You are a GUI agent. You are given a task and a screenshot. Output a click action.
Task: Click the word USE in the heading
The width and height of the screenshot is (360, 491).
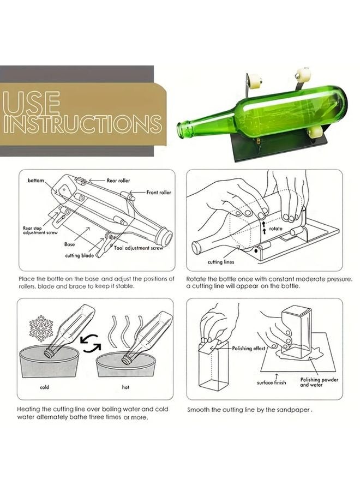tap(31, 103)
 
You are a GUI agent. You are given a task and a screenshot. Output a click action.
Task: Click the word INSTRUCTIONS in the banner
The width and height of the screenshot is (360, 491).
tap(82, 124)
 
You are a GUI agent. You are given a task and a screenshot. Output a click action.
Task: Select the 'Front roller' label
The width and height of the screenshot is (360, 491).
tap(158, 193)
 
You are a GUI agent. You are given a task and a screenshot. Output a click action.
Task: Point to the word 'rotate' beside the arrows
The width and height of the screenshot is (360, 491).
tap(276, 229)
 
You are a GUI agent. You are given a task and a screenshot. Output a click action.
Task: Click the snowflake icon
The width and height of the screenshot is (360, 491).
tap(41, 330)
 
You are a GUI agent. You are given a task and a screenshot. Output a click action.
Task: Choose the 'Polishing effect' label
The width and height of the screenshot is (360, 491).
tap(249, 348)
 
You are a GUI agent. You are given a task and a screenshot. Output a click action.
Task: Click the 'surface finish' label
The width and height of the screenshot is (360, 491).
tap(272, 382)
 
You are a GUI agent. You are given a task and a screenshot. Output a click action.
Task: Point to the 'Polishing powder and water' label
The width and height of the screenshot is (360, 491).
tap(319, 382)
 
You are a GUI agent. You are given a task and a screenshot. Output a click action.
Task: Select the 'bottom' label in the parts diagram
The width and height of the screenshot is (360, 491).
tap(35, 179)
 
